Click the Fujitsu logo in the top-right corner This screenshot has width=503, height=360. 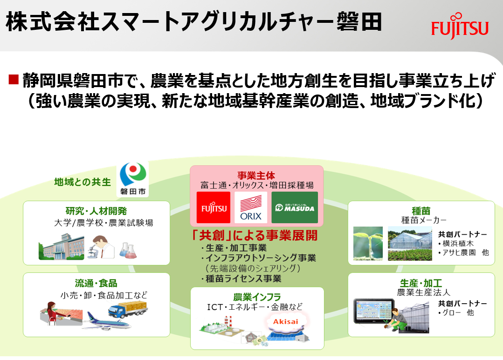point(460,26)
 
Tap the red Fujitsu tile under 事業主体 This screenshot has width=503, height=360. point(214,207)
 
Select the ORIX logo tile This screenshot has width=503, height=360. point(250,207)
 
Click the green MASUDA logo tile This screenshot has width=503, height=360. point(295,207)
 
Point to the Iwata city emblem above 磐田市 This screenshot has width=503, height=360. point(133,175)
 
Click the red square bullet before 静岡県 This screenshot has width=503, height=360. point(14,79)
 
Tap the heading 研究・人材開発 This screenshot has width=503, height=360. point(96,211)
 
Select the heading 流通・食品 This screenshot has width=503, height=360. point(96,283)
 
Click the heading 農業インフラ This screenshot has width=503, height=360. point(257,297)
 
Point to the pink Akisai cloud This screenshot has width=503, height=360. point(285,322)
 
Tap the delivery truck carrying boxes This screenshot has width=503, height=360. point(128,309)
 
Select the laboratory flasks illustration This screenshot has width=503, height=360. point(128,251)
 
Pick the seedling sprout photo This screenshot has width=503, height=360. point(368,243)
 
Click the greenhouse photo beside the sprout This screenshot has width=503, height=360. point(410,243)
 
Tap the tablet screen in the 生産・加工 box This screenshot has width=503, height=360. point(374,311)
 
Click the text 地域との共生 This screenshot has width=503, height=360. point(83,182)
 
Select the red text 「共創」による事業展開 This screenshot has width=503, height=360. point(254,235)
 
